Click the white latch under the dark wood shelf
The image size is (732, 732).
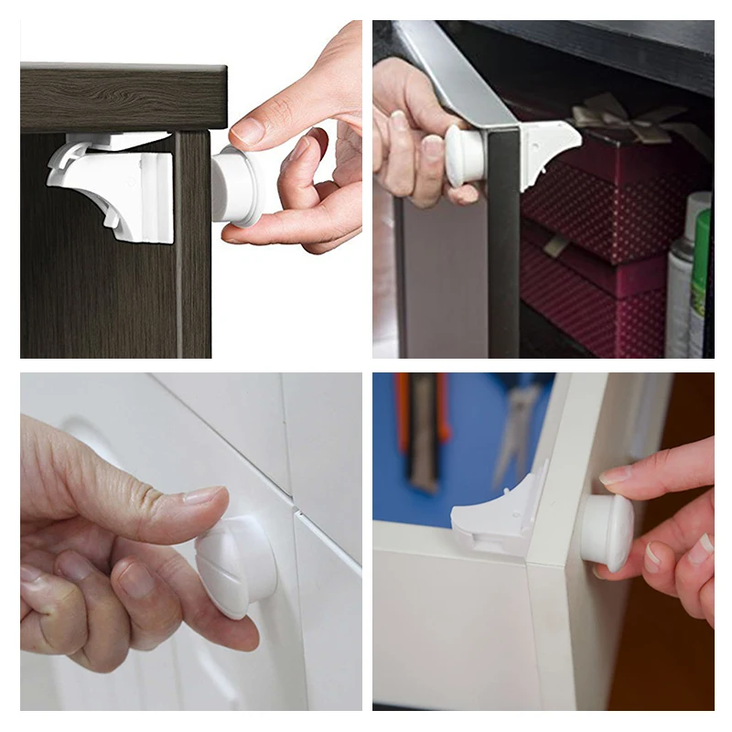coord(114,188)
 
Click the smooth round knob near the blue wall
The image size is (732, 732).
coord(607,532)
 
